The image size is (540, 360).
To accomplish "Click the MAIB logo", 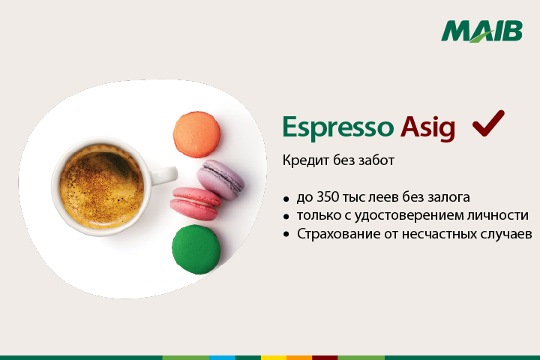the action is pos(481,31).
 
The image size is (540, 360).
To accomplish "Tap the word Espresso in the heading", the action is pos(337,127).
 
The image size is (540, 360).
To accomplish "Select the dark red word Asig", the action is pos(427,127).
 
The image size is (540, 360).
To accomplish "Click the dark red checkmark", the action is pos(488,123).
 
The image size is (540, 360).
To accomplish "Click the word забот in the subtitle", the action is pos(376,160).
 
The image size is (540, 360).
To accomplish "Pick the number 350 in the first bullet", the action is pos(327,197).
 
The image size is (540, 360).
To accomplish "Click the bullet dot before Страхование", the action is pos(286,235).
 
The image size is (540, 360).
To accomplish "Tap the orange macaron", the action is pos(196,134).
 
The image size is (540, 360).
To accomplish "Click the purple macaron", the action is pos(220,179).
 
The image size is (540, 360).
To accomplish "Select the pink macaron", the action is pos(195,203).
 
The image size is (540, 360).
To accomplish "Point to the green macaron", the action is pos(196,250).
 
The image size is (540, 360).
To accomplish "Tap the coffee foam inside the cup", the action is pos(101,186).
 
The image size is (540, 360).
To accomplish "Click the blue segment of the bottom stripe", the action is pos(222,358).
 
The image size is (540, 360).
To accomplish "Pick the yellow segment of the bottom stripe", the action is pos(274,358).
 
